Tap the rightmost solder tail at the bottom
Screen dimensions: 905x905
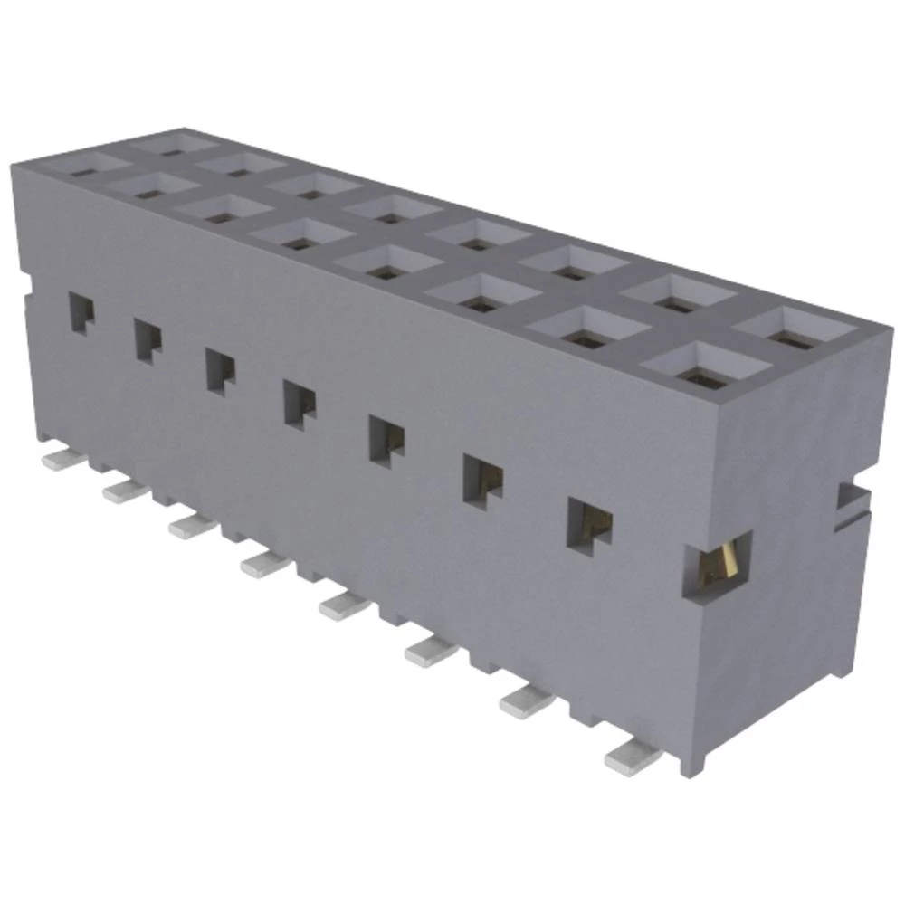pos(631,757)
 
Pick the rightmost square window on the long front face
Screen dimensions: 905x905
pos(588,523)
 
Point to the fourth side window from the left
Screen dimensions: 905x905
pos(300,402)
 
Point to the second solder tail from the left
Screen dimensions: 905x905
pos(125,490)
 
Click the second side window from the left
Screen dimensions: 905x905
pos(148,341)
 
